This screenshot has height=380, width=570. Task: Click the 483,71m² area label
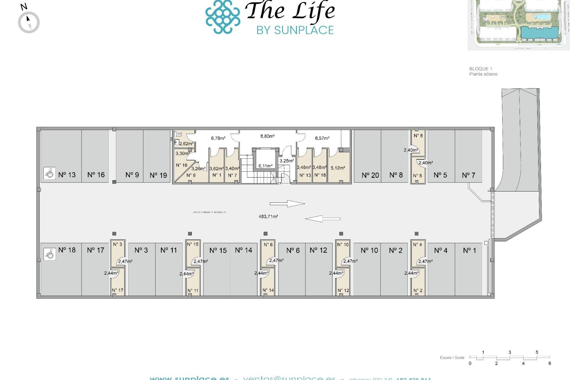[268, 217]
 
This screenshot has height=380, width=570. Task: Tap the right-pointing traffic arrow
[287, 204]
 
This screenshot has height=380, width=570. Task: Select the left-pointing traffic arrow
[322, 219]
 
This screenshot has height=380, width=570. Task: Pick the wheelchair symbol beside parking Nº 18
[50, 254]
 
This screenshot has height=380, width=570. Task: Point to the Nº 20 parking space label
[370, 175]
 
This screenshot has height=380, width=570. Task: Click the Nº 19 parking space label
[158, 175]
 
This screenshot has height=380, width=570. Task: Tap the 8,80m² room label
[267, 136]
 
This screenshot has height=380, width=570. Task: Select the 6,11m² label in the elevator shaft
[265, 166]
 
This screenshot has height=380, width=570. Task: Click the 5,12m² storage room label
[338, 168]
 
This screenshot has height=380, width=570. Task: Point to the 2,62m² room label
[186, 144]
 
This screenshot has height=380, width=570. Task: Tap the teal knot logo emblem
[223, 17]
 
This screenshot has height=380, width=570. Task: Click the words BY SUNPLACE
[295, 30]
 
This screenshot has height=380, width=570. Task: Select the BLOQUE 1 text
[481, 69]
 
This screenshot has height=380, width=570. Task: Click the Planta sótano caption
[483, 74]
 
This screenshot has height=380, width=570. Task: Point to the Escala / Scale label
[452, 358]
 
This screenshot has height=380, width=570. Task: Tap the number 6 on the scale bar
[550, 363]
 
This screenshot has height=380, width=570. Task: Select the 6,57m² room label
[322, 138]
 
